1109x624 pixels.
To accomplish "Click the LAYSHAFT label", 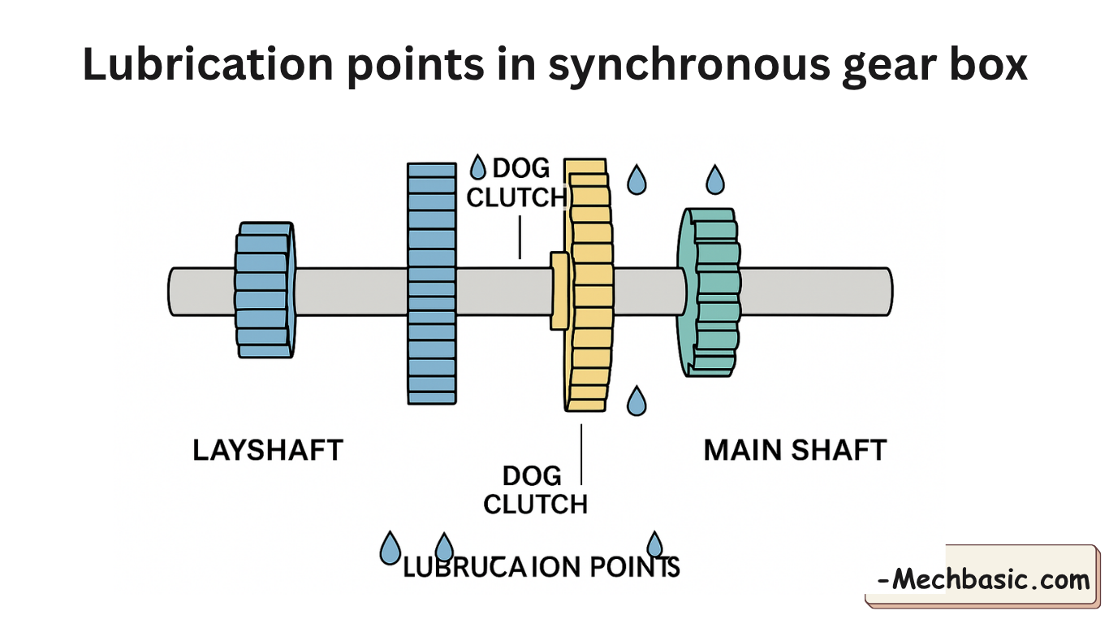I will coord(268,450).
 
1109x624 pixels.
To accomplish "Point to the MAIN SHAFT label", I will coord(795,450).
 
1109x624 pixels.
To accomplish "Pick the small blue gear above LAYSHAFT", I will coord(265,291).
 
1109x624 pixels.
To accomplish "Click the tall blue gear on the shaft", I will coord(432,284).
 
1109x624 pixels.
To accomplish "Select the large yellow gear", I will coord(588,284).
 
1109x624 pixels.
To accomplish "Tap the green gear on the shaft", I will coord(710,292).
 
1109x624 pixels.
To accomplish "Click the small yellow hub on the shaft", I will coord(559,291).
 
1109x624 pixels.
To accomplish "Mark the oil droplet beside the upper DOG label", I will coord(478,168).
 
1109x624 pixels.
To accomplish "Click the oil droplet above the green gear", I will coord(714,180).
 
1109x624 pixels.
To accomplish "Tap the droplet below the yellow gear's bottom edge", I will coord(637,401).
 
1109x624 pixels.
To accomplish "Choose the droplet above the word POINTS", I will coord(654,544).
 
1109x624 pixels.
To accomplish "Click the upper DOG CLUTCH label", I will coord(516,183).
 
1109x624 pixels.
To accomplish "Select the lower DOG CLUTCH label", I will coord(535,489).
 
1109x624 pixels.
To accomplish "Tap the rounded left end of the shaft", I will coord(174,291).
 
